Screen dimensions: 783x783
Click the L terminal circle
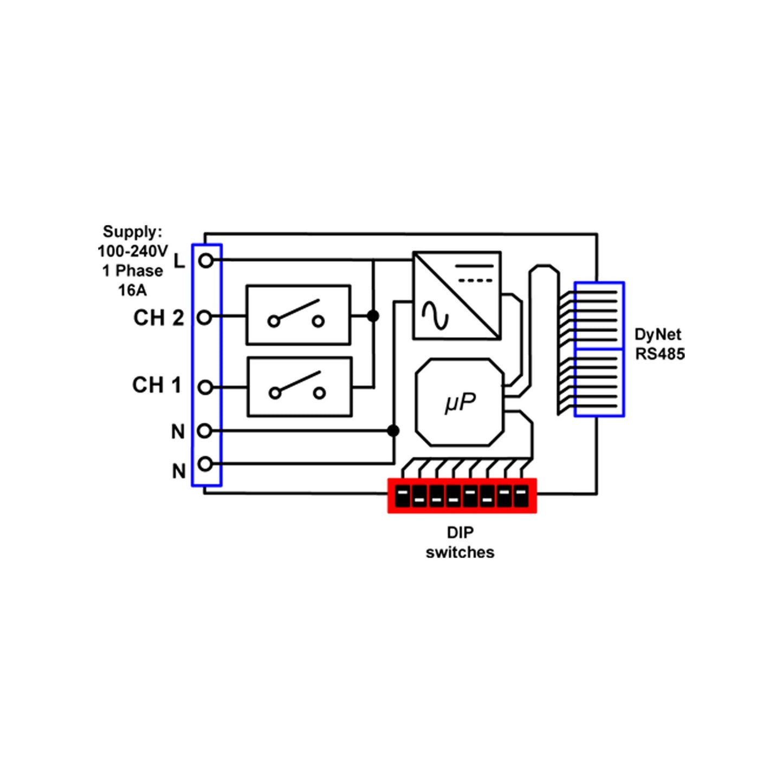206,261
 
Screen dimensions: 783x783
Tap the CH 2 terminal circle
204,317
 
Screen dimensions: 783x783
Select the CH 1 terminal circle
205,387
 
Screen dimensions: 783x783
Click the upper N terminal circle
204,431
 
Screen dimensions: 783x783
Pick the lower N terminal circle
205,464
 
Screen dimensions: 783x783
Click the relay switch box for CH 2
298,315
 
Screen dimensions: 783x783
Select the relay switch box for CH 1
299,387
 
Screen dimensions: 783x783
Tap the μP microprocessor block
460,403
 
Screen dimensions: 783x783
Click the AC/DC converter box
457,296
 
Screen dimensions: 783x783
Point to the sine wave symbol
435,316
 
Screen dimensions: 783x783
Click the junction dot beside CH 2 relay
373,315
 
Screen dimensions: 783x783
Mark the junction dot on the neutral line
393,431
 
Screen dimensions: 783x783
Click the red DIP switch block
462,495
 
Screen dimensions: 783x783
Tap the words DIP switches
460,542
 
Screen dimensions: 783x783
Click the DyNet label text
658,334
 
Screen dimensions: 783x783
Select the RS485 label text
660,354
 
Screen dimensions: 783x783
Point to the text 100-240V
133,251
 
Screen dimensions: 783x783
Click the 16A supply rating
133,290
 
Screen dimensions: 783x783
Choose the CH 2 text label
158,318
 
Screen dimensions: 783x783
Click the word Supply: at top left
133,232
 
